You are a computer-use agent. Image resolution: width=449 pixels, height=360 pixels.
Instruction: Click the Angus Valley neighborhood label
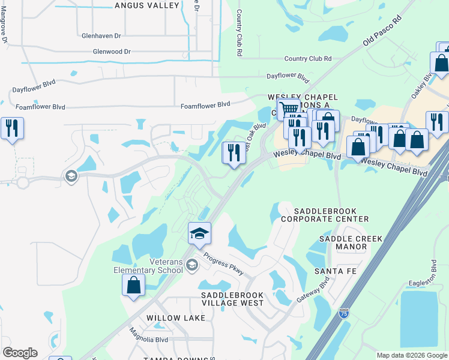click(147, 5)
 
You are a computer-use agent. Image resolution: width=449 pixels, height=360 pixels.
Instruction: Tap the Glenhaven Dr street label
click(105, 35)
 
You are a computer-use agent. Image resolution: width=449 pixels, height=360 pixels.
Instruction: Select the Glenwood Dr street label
click(112, 52)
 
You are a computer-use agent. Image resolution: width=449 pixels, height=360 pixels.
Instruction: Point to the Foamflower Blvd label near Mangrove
click(40, 107)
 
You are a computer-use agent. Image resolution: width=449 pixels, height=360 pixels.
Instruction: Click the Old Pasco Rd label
click(381, 34)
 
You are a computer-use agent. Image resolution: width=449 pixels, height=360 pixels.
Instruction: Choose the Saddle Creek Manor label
click(343, 242)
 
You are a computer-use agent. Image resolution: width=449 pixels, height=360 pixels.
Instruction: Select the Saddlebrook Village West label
click(232, 299)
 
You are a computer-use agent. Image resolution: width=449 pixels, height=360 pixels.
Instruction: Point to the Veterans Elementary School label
click(148, 266)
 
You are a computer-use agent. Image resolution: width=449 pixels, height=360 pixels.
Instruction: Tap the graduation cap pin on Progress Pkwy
click(199, 233)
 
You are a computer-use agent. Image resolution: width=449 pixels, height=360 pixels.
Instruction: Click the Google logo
click(20, 353)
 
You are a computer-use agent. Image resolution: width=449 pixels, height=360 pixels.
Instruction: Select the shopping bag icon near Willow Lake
click(133, 285)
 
